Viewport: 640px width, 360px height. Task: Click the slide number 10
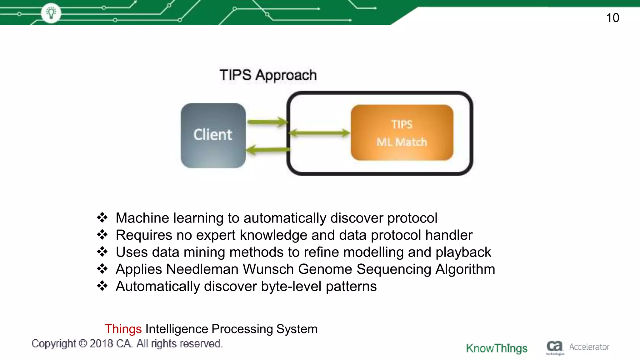(x=612, y=18)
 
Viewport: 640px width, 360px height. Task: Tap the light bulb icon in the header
(x=51, y=13)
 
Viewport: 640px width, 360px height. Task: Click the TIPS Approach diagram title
(x=268, y=75)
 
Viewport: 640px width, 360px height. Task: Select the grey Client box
(x=213, y=135)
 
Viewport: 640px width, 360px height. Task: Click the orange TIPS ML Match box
(x=402, y=133)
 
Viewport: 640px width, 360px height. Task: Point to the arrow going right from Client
(x=267, y=122)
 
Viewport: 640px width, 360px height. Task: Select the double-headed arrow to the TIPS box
(x=319, y=133)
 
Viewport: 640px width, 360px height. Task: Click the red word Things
(x=123, y=329)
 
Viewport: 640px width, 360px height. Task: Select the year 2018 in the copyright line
(x=101, y=344)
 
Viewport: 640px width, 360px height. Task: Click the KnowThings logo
(x=497, y=348)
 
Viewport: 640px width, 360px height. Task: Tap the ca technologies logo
(x=555, y=347)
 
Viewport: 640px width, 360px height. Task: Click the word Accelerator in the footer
(x=589, y=347)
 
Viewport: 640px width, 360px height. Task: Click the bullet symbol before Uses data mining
(x=102, y=252)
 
